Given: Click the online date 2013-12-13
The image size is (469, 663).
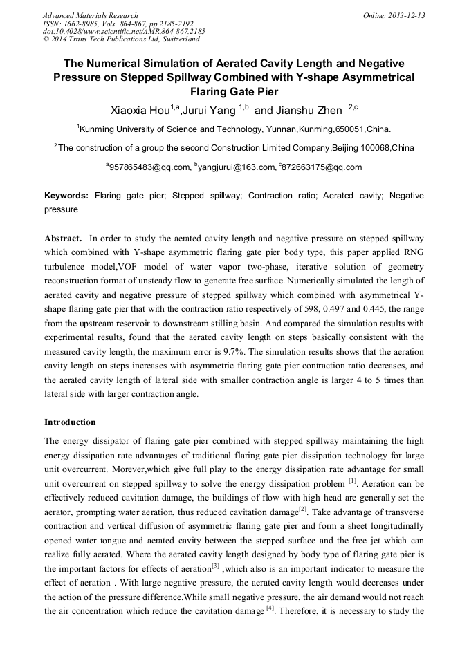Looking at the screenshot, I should click(402, 15).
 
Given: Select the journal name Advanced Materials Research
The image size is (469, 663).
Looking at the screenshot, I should click(90, 15).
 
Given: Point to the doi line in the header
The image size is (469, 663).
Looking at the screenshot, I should click(124, 31).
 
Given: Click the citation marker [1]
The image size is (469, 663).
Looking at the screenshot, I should click(353, 480).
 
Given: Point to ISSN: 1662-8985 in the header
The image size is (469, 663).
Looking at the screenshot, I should click(72, 24).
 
